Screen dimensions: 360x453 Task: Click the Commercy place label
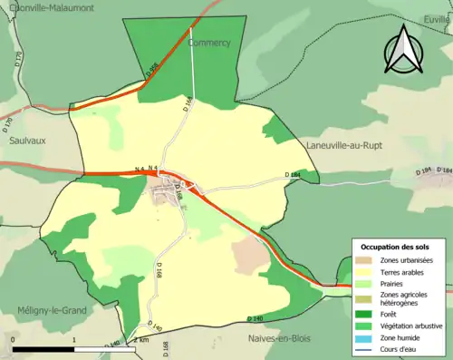click(x=209, y=43)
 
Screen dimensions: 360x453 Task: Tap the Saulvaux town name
click(x=28, y=141)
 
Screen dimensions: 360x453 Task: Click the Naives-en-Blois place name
click(x=285, y=337)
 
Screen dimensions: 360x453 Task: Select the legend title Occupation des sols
click(x=395, y=247)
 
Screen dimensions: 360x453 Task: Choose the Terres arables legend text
click(x=404, y=271)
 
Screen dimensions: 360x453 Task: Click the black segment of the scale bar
click(x=43, y=348)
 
